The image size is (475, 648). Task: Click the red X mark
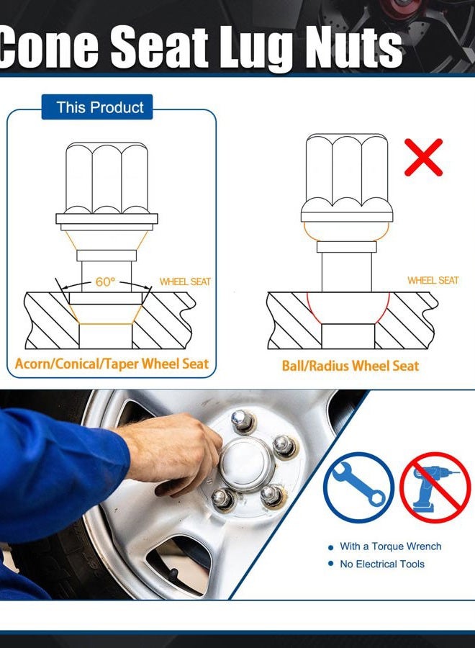pos(423,158)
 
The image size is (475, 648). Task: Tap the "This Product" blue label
pos(97,107)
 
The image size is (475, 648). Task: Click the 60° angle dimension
pos(105,282)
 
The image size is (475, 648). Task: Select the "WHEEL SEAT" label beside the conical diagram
pos(185,282)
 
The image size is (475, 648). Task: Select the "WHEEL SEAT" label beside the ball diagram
pos(433,280)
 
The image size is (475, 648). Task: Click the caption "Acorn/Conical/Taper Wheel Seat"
pos(112,364)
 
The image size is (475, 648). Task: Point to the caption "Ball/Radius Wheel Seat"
pos(350,365)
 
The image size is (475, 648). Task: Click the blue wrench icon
pos(358,487)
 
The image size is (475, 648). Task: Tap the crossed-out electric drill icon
pos(435,487)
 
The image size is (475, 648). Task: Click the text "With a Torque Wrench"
pos(390,546)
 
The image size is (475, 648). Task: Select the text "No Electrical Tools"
pos(382,564)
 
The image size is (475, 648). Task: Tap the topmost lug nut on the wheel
pos(243,420)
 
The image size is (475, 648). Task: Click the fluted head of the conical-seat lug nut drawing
pos(107,178)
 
